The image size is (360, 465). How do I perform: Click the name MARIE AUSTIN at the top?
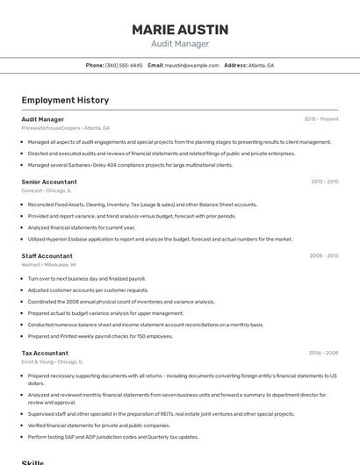180,29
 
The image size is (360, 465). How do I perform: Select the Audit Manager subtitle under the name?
180,44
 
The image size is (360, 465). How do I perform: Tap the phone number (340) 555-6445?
124,65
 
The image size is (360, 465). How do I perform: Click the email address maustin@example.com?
192,65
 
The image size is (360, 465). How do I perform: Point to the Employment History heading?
65,100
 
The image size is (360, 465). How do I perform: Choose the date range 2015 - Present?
321,118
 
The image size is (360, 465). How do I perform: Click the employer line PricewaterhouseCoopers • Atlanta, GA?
66,127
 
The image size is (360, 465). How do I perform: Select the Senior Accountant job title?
49,182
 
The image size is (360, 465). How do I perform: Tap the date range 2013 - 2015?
325,182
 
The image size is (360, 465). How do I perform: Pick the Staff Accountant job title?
47,255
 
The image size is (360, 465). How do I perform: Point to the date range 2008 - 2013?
324,255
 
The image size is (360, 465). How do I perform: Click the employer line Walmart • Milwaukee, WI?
49,263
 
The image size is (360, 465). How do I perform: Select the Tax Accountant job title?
45,353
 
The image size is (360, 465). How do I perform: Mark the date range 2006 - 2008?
324,353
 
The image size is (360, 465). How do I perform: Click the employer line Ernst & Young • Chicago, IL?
53,361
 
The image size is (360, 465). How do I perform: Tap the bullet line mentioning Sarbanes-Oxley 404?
130,164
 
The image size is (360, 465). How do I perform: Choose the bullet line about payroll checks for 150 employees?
100,335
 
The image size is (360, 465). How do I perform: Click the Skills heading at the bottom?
32,461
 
